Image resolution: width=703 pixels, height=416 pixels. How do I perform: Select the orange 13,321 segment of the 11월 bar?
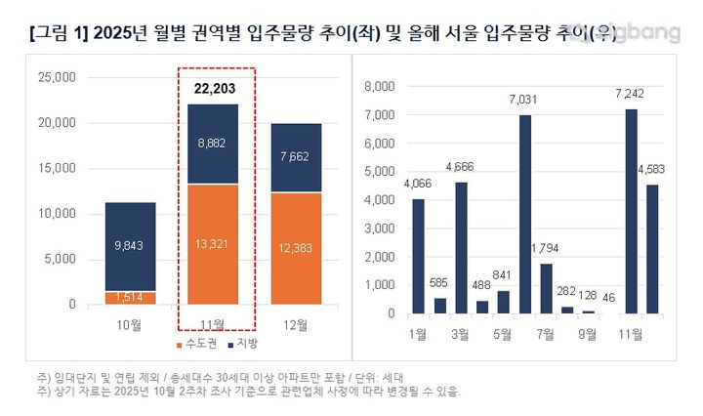click(215, 244)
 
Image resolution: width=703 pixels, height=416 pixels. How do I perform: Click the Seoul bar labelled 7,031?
click(525, 214)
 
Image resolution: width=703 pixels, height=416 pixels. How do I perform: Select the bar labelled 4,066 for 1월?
click(418, 256)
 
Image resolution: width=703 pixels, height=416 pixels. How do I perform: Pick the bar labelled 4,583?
click(652, 249)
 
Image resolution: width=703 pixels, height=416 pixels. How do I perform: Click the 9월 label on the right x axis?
click(588, 333)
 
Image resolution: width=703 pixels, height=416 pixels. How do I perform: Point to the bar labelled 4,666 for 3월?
click(461, 248)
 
